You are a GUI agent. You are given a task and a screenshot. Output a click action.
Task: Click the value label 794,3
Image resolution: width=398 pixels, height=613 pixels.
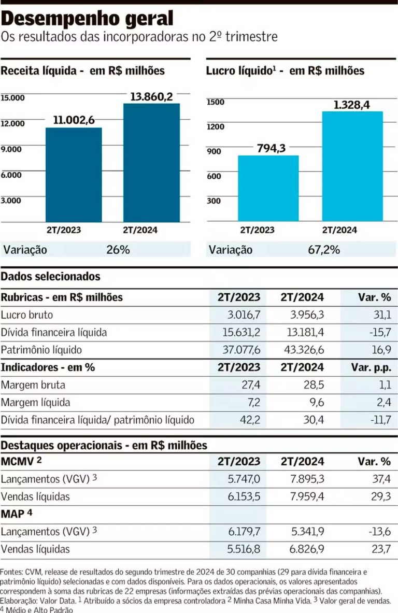point(271,148)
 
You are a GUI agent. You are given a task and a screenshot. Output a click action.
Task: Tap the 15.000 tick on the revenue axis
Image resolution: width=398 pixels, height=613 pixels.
point(13,97)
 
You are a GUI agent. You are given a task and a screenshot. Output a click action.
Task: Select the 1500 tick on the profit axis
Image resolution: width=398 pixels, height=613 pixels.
point(216,102)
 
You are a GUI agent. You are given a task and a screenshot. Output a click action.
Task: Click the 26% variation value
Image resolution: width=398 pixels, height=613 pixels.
point(118,250)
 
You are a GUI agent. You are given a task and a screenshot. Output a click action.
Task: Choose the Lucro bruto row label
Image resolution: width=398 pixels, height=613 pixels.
point(27,315)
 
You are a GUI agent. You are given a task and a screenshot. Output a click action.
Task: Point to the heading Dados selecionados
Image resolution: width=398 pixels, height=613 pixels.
point(50,277)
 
